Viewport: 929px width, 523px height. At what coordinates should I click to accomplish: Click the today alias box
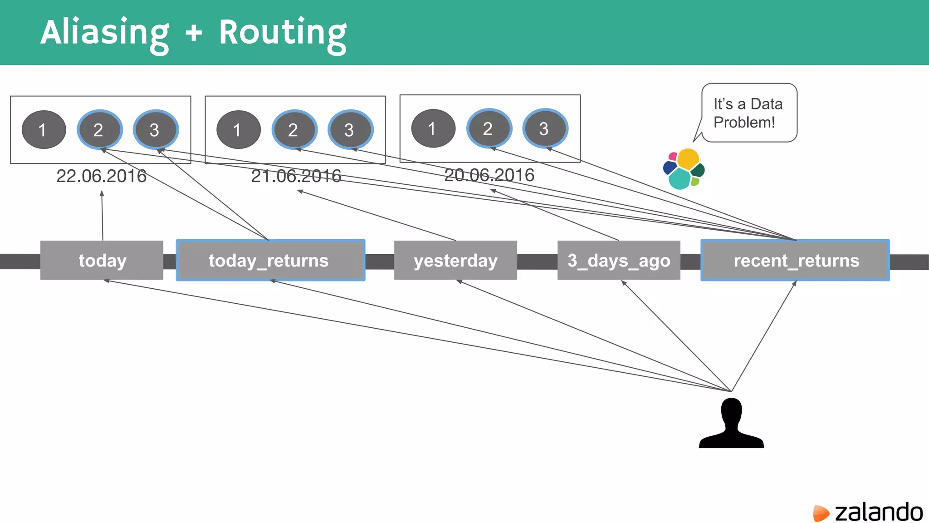click(102, 260)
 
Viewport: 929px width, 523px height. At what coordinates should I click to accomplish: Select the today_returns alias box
click(270, 260)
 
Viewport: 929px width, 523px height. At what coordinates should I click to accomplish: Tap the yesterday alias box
click(455, 260)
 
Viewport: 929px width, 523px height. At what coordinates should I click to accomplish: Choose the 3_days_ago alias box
click(619, 260)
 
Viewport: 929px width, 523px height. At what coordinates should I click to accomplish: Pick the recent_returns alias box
click(795, 260)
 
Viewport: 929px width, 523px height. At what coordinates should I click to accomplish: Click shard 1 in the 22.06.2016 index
click(44, 130)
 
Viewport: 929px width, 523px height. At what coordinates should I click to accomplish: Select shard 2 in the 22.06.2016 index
click(99, 130)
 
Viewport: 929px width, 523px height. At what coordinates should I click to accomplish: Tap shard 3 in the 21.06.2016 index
click(350, 130)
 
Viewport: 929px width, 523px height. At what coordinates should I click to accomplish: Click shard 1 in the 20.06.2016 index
click(433, 128)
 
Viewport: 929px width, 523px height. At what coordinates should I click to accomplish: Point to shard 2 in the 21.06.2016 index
click(294, 130)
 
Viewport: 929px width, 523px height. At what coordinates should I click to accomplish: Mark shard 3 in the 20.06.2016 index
click(545, 128)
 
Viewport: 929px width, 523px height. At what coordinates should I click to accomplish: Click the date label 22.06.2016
click(101, 176)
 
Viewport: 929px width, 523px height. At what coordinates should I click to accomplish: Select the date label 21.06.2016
click(296, 176)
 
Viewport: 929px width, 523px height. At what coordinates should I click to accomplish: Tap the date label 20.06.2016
click(489, 175)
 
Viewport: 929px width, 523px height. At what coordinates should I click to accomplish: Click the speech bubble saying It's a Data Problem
click(749, 113)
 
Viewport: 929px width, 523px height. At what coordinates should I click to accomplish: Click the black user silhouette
click(731, 424)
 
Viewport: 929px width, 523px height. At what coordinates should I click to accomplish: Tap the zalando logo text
click(878, 512)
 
